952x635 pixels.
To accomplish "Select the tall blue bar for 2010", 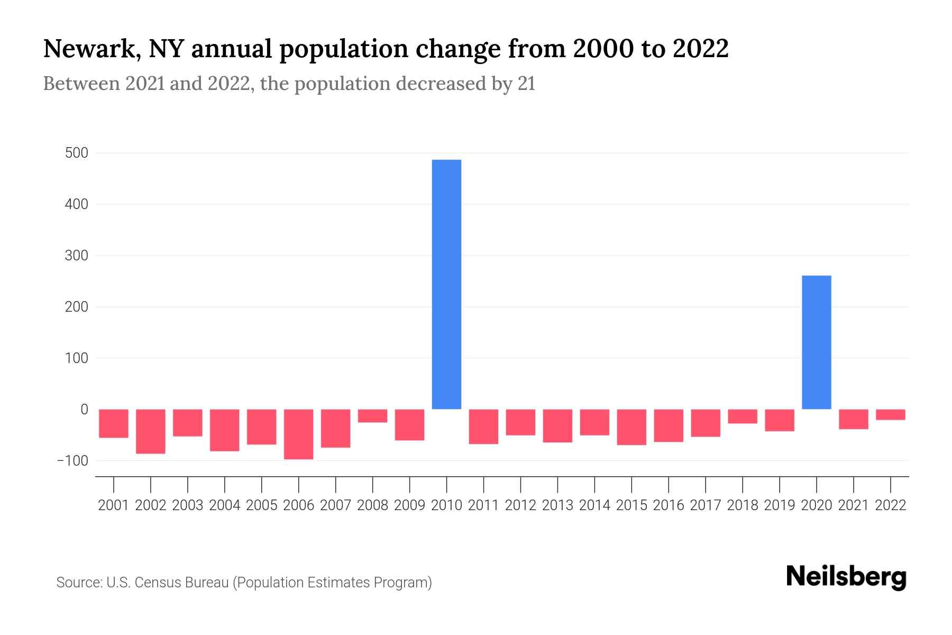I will [446, 284].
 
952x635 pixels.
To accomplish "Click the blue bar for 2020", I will [816, 342].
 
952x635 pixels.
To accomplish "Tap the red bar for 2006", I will [298, 434].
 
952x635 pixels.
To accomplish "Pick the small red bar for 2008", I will [372, 416].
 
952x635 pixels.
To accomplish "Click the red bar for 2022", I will [890, 415].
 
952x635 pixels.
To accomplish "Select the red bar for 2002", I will [151, 431].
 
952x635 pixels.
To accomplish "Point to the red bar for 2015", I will [631, 427].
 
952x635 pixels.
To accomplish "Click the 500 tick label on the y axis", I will [77, 153].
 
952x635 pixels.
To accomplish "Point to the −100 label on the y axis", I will [73, 460].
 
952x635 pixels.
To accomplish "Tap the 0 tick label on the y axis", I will [84, 409].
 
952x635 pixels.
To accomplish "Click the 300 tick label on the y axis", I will [77, 256].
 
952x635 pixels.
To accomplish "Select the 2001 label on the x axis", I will [114, 505].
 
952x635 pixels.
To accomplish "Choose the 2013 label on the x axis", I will [557, 505].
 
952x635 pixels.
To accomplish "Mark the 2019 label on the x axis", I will [779, 505].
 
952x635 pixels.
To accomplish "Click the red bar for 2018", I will [742, 416].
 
